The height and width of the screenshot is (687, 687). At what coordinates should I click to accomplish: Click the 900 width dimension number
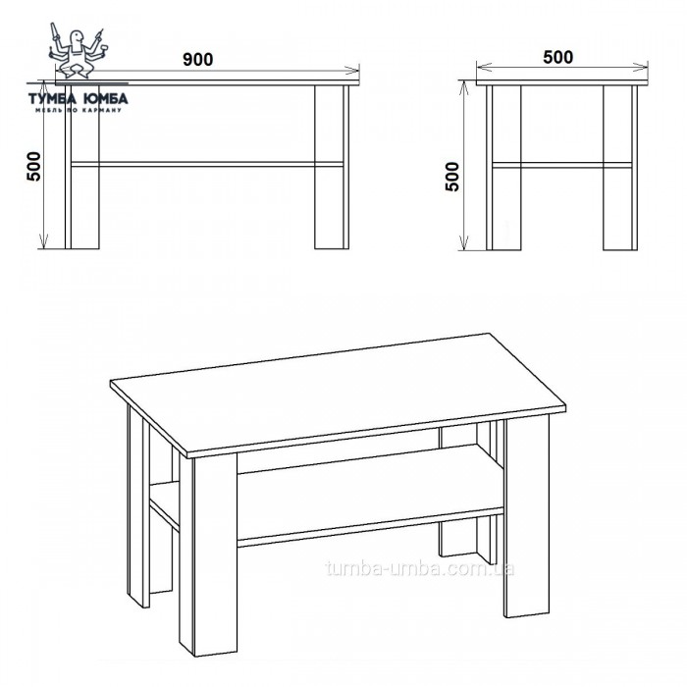point(197,59)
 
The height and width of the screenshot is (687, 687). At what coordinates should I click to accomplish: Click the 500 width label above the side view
point(557,57)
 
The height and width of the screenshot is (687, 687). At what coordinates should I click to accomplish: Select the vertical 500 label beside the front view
point(34,167)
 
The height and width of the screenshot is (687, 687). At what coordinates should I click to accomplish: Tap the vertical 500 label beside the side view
point(452,177)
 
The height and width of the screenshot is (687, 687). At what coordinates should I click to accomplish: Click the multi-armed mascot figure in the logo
point(78,50)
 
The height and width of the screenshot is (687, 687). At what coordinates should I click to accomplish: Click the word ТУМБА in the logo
point(53,98)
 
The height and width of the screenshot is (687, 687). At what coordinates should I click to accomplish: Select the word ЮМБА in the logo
point(106,98)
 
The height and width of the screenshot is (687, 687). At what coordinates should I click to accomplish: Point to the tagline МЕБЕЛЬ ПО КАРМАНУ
point(79,110)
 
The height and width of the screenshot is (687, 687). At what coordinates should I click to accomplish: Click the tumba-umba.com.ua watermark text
point(420,568)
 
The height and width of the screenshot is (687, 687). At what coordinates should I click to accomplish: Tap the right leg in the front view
point(332,167)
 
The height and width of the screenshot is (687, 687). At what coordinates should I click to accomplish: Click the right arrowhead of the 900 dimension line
point(352,70)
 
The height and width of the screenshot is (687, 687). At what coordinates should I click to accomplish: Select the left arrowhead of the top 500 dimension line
point(484,68)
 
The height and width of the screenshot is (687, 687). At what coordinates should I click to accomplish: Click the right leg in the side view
point(620,168)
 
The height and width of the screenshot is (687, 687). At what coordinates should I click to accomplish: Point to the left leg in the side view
point(503,168)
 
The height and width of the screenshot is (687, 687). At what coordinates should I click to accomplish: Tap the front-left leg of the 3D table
point(208,555)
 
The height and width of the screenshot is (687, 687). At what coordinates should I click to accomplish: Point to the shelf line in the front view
point(207,164)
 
